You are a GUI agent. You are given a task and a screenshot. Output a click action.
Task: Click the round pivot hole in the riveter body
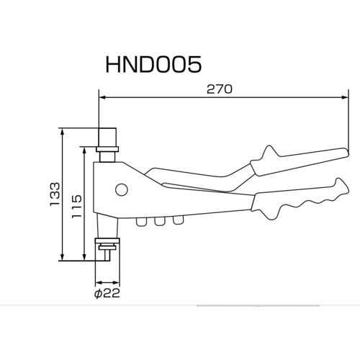(x=122, y=190)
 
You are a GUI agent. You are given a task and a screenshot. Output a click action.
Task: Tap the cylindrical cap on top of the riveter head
(x=107, y=138)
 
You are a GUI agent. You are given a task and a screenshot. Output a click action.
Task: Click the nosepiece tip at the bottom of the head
(x=107, y=252)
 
